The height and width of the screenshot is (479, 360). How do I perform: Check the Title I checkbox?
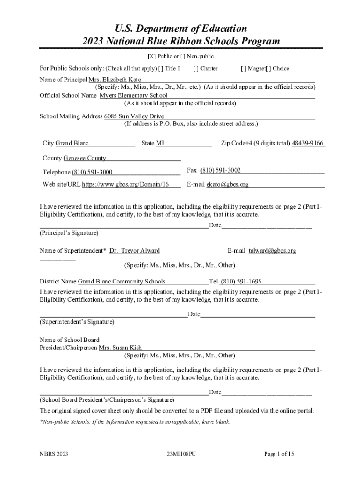tap(161, 68)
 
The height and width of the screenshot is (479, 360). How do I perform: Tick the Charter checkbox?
tap(195, 68)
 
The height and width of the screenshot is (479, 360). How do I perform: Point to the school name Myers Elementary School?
tap(133, 95)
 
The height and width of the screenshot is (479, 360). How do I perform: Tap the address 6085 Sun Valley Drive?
tap(134, 116)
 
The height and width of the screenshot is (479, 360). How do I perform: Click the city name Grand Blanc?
tap(72, 143)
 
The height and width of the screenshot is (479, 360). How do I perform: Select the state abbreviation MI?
tap(160, 143)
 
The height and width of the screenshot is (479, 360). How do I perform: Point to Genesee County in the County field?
tap(85, 158)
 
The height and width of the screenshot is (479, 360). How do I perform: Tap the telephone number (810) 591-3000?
tap(92, 172)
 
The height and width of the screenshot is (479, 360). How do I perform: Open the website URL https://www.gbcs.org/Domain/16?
tap(125, 184)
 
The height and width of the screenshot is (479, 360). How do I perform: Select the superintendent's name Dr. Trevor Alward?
tap(134, 251)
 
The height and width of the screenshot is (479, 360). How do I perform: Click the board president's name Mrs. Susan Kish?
tap(120, 348)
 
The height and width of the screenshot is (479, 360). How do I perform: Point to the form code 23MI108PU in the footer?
tap(180, 453)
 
